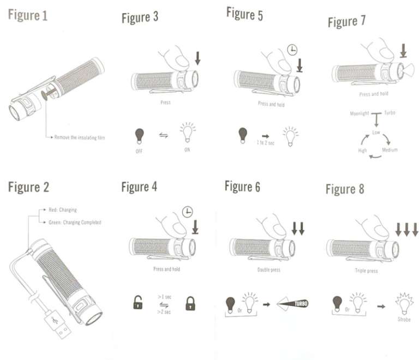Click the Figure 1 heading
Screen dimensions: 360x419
click(28, 15)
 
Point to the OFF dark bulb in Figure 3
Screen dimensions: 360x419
click(140, 135)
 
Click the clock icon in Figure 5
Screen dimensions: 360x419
click(293, 50)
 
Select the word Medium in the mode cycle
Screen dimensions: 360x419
click(390, 149)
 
